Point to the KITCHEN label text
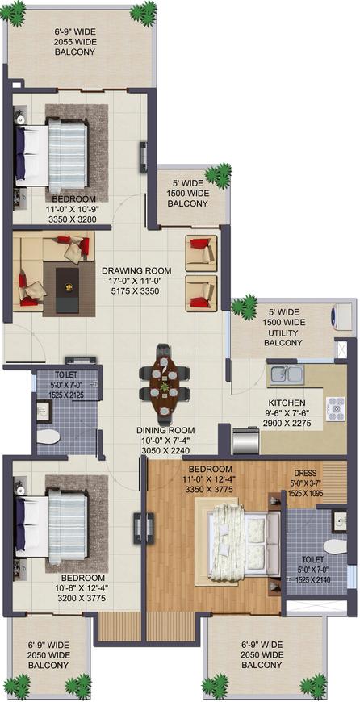[x=287, y=403]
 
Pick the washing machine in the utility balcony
[x=341, y=317]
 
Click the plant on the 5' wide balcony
[x=216, y=174]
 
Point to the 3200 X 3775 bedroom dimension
[x=83, y=600]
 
